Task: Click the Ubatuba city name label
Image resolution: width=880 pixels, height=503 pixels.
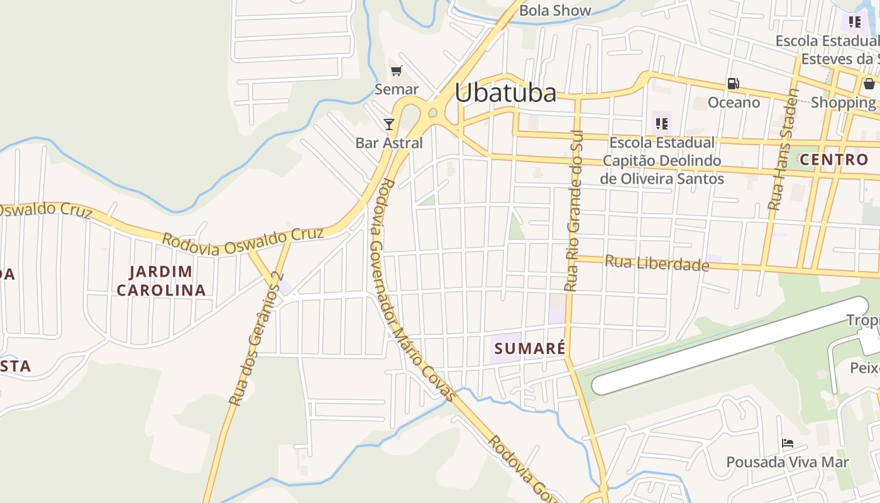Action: [x=505, y=93]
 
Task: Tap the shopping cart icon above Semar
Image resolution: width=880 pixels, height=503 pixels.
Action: [x=396, y=71]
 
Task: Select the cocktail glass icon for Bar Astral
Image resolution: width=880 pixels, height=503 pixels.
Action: [x=389, y=124]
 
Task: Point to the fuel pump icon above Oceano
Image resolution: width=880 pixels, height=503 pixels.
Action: [x=733, y=83]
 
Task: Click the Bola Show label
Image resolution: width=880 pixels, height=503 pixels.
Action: [x=555, y=10]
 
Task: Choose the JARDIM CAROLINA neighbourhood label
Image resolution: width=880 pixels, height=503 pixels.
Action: [x=161, y=280]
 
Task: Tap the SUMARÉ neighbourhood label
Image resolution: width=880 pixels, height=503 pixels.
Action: [x=530, y=348]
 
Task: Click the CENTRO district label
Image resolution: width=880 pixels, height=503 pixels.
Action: [x=834, y=160]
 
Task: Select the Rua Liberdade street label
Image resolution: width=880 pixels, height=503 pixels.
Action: [x=657, y=263]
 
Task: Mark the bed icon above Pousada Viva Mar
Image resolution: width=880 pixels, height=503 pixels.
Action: [x=787, y=443]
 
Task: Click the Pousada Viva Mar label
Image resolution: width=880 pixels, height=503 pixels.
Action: [x=787, y=463]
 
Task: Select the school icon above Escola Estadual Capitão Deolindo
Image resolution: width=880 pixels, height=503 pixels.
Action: [x=661, y=123]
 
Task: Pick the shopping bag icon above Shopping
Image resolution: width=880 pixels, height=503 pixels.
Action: [x=869, y=84]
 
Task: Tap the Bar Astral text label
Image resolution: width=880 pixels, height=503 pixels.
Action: [x=389, y=143]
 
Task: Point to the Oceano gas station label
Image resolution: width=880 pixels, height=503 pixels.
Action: [x=734, y=102]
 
